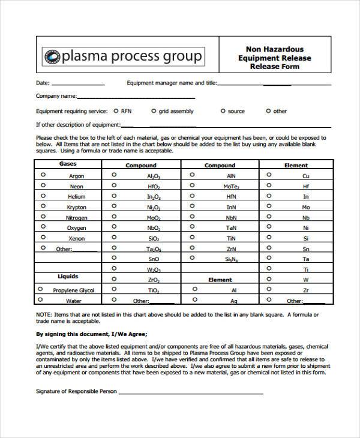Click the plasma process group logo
tap(123, 57)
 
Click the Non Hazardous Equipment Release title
tap(274, 58)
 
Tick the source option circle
tap(223, 111)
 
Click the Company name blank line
tap(136, 97)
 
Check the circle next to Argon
tap(43, 175)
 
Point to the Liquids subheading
tap(67, 277)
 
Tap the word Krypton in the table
tap(76, 208)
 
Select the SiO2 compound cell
tap(154, 238)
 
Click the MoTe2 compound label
tap(231, 187)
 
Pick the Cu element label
tap(305, 176)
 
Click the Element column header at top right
tap(296, 166)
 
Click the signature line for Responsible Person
tap(190, 393)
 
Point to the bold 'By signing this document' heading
tap(91, 334)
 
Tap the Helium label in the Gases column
tap(76, 197)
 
